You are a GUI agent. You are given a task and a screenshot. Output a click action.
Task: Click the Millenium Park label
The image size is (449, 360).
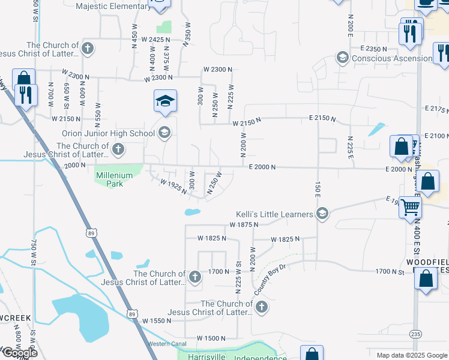(109, 179)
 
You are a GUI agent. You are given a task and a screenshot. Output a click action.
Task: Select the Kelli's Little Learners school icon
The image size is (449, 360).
(322, 214)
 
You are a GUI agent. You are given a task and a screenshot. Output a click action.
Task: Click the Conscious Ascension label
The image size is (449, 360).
(392, 58)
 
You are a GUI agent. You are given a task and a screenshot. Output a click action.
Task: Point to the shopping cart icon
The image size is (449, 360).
(411, 207)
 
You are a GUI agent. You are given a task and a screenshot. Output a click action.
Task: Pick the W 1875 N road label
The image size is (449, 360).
(244, 224)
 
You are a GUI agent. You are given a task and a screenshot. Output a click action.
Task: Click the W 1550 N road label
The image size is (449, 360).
(163, 321)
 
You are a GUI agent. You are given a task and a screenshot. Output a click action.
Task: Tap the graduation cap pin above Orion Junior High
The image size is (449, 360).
(165, 101)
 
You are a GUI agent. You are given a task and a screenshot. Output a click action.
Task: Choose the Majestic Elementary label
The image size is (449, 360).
(114, 7)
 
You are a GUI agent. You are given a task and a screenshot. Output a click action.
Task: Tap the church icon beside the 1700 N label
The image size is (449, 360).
(194, 277)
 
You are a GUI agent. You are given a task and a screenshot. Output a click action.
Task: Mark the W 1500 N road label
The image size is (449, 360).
(211, 338)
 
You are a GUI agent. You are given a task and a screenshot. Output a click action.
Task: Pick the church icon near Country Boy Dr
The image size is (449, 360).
(261, 307)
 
